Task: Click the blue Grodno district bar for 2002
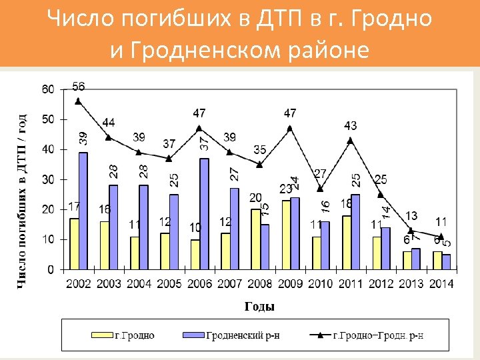coord(83,211)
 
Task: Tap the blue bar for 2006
coord(204,213)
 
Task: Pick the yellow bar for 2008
coord(256,239)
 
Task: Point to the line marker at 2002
coord(78,101)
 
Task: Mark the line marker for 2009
coord(290,128)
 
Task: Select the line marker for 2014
coord(441,236)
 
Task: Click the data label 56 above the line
coord(78,87)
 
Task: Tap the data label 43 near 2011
coord(351,125)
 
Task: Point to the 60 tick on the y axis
coord(48,89)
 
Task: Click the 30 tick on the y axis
coord(48,179)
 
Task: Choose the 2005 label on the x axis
coord(169,284)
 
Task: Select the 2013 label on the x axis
coord(411,284)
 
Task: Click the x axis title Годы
coord(259,307)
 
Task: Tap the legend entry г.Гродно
coord(134,335)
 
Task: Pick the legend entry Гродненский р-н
coord(243,335)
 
